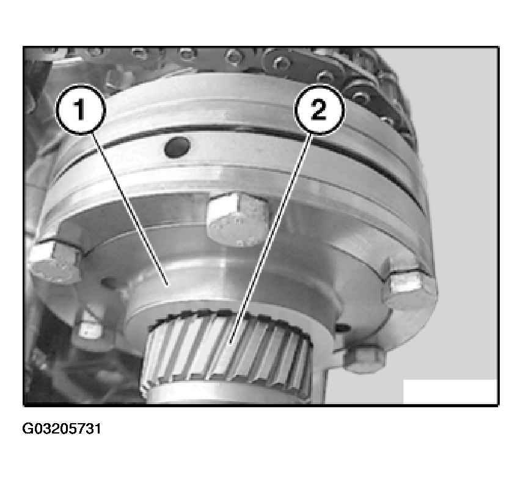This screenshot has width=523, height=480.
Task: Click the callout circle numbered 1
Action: [x=81, y=109]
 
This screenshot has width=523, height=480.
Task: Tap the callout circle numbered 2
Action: [x=319, y=109]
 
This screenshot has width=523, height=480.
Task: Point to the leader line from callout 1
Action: [x=130, y=210]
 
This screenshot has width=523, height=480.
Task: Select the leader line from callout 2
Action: [x=271, y=238]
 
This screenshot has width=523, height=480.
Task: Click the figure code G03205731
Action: [x=61, y=429]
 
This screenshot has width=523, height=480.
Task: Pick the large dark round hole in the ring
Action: [x=177, y=147]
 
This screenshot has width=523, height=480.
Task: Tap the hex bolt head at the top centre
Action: [x=237, y=219]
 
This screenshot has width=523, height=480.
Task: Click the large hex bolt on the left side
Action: [x=56, y=262]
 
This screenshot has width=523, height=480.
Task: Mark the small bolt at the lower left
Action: [x=90, y=329]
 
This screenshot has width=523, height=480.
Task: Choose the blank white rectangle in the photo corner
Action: [x=450, y=391]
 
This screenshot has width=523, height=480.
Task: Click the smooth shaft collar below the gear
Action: [x=230, y=394]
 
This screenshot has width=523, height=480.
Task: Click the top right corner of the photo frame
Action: [x=499, y=46]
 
